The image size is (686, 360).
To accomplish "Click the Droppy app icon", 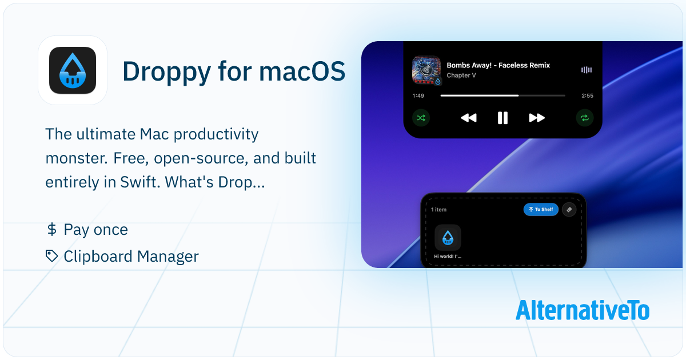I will tap(72, 70).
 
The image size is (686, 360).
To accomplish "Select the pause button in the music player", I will tap(502, 118).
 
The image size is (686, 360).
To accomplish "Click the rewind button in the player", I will tap(468, 118).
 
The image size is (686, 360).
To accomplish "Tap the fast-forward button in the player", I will tap(537, 118).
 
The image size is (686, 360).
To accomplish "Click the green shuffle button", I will tap(421, 118).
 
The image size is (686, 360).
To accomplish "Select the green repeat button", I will tap(584, 118).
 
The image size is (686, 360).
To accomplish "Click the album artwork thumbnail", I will tap(426, 70).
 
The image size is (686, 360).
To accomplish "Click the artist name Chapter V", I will tap(461, 75).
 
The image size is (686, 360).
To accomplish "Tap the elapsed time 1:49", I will tap(418, 96).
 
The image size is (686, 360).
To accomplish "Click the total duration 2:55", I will tap(587, 96).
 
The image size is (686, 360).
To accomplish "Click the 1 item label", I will tap(439, 210).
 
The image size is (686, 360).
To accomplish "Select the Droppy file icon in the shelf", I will tap(448, 238).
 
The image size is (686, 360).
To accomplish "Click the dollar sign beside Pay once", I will tap(51, 230).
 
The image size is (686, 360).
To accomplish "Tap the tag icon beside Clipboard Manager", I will tap(52, 256).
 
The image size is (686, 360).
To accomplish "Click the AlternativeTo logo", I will tap(582, 310).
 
